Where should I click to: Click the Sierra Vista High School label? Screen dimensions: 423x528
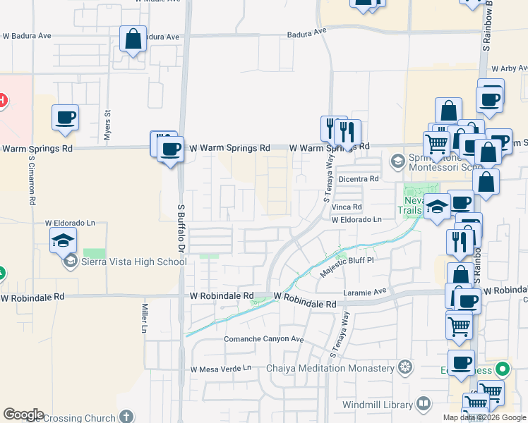coord(134,262)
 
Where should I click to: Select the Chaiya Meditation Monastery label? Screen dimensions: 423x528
coord(330,368)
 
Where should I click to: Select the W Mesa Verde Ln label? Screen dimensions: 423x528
coord(220,368)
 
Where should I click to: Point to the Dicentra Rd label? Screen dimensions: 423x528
coord(359,179)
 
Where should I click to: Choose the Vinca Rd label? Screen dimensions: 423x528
coord(347,207)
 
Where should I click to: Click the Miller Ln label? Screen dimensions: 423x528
coord(144,318)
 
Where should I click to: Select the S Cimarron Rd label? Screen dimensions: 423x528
coord(32,180)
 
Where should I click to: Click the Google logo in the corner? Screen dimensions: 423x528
coord(23,414)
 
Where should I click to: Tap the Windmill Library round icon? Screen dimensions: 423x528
coord(424,404)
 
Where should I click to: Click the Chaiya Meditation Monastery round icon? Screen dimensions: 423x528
coord(404,367)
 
